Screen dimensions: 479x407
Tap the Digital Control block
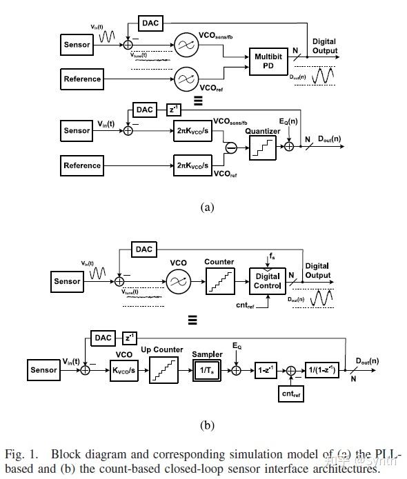coord(268,281)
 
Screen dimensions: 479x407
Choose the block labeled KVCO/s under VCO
coord(123,370)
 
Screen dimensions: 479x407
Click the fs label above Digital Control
coord(271,256)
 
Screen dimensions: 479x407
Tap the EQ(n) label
coord(288,121)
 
